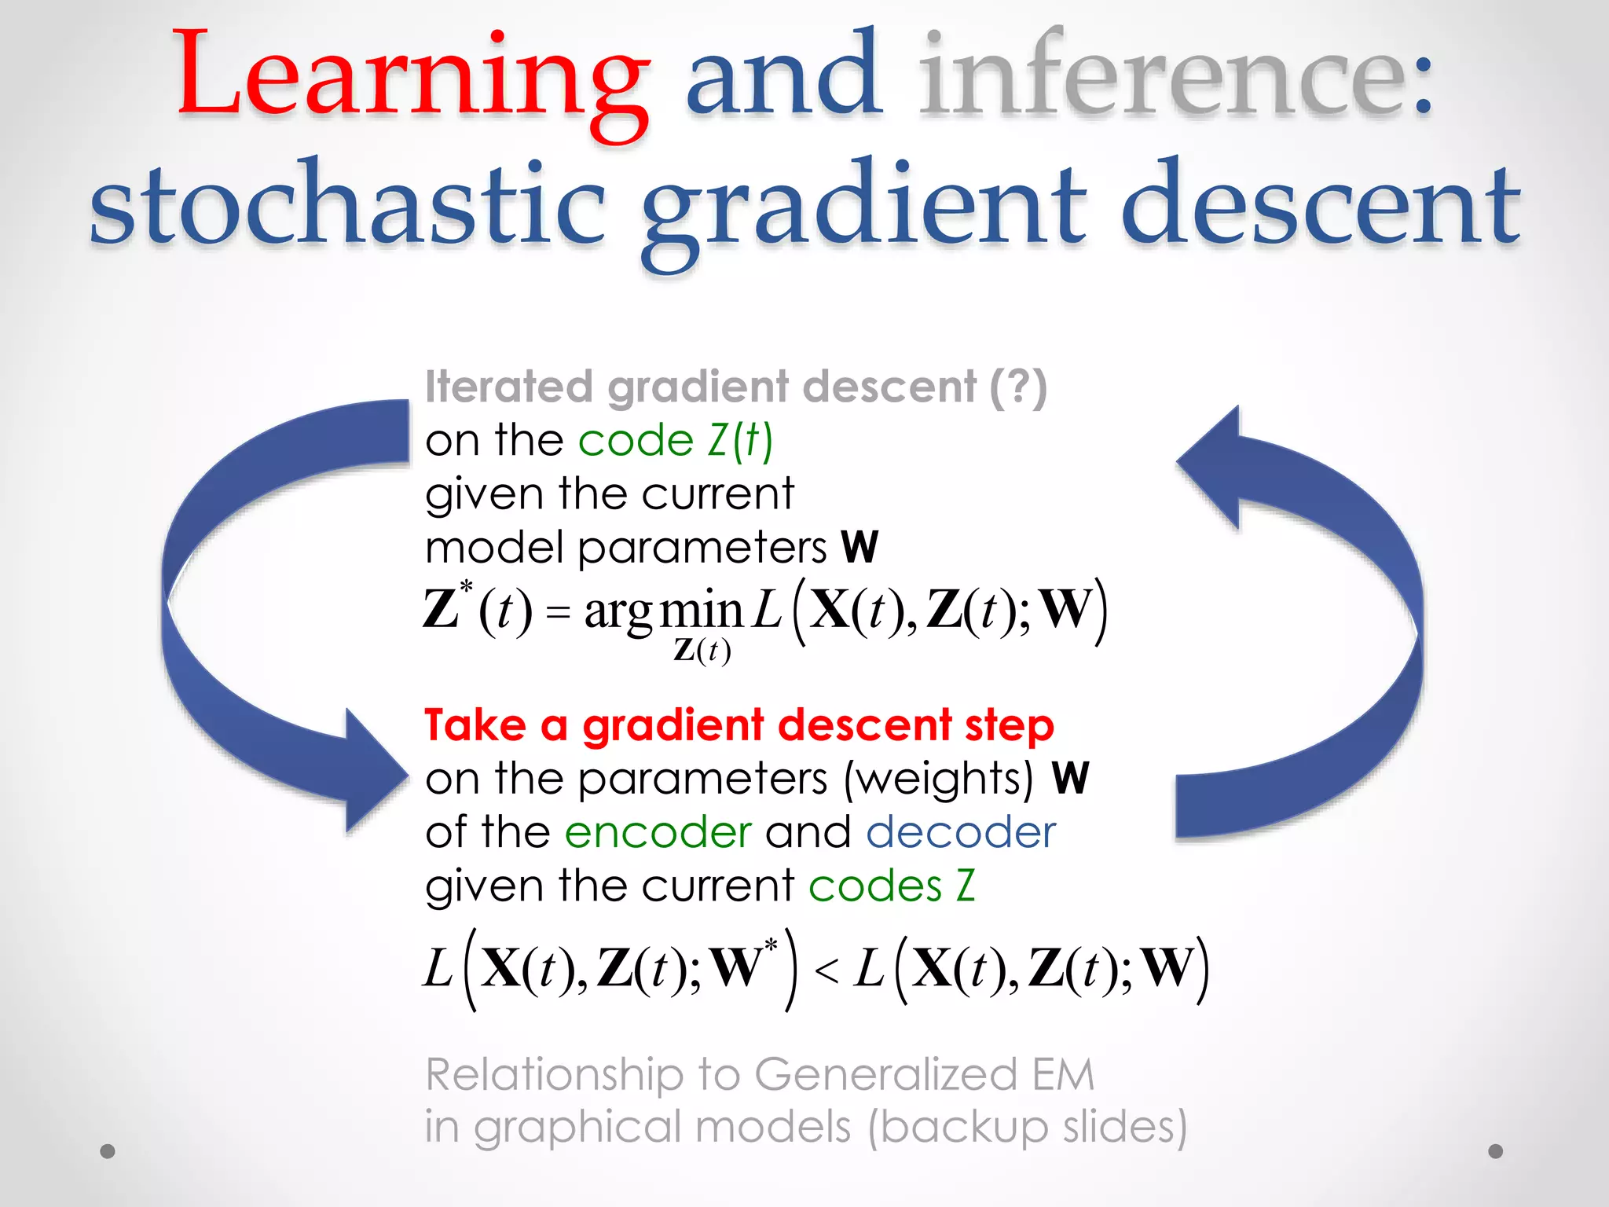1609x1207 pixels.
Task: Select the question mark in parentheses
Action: pos(1018,387)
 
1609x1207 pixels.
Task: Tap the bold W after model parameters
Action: pos(859,547)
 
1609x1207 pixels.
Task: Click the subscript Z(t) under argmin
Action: pos(702,651)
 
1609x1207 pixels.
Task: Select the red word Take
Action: pos(475,725)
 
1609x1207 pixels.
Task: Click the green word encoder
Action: pos(658,832)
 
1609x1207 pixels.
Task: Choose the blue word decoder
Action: pos(961,832)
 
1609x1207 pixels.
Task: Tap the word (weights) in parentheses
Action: pos(939,779)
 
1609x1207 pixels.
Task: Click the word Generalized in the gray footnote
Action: pos(885,1074)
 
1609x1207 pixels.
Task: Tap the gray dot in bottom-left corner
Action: pos(108,1151)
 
